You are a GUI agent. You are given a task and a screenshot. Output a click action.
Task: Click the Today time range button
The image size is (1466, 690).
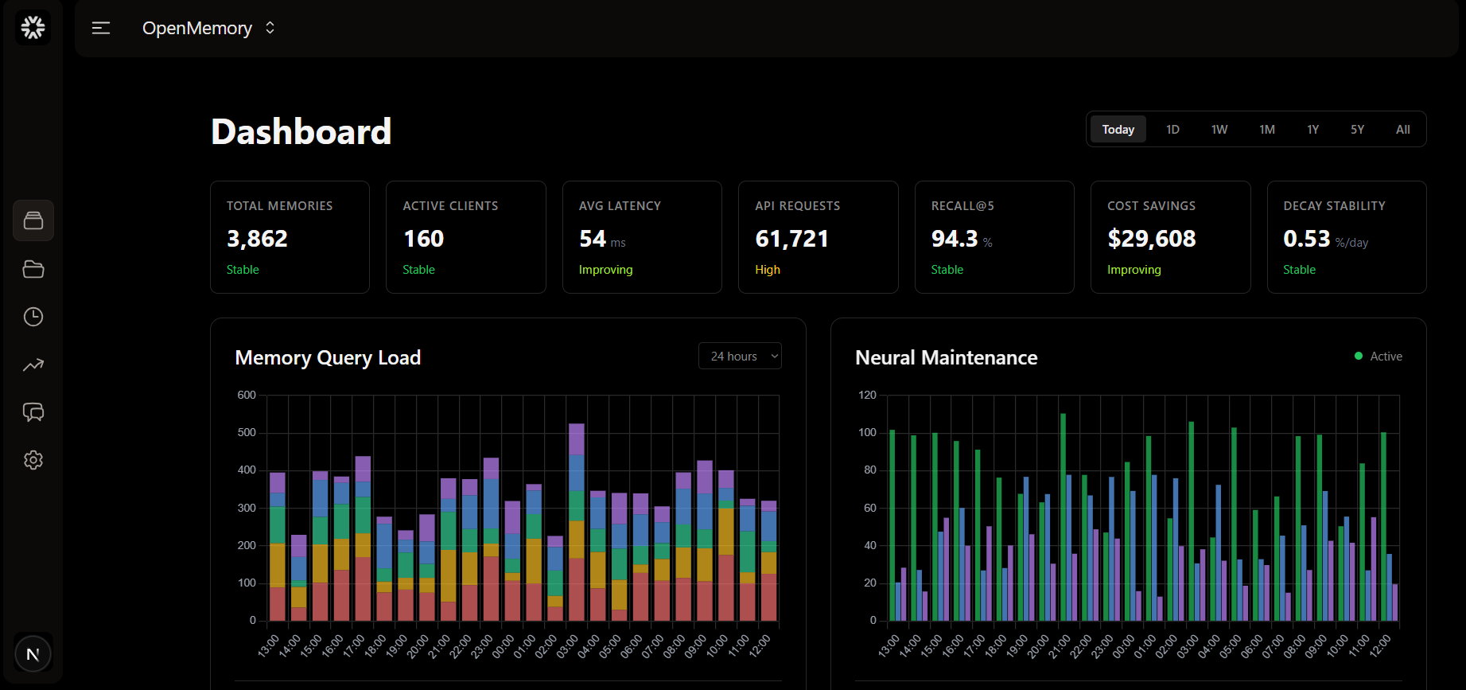pos(1118,130)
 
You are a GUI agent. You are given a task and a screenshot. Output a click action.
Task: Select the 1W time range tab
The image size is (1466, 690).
pos(1219,130)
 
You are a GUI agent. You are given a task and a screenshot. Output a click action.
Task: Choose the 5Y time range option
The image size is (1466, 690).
pos(1357,130)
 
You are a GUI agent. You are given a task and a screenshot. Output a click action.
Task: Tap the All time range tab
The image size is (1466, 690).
pos(1402,130)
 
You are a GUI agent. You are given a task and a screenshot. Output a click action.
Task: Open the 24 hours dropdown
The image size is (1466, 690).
pos(740,357)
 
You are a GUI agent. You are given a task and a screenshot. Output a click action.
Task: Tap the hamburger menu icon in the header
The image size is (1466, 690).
pos(101,29)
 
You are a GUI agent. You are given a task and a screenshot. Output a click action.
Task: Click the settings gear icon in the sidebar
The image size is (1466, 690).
pos(33,460)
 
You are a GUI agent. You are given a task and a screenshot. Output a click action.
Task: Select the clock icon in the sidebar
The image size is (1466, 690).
pos(33,317)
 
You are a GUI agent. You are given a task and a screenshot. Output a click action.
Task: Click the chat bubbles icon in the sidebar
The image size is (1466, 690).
pos(33,412)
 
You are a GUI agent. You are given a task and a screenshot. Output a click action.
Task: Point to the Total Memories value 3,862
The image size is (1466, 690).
pos(257,239)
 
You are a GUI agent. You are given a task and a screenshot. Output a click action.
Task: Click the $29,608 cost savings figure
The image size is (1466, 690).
pos(1151,239)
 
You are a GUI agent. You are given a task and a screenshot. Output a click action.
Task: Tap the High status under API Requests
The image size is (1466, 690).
pos(768,270)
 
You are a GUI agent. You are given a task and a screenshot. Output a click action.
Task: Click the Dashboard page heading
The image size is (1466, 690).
pos(301,132)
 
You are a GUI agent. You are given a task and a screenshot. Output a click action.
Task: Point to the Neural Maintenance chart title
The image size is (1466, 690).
pos(946,358)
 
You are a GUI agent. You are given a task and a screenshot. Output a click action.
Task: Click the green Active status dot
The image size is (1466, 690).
pos(1359,356)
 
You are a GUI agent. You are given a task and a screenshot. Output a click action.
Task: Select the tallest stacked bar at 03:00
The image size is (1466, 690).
pos(577,521)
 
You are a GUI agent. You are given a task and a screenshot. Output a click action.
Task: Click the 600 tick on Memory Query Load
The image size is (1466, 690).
pos(247,396)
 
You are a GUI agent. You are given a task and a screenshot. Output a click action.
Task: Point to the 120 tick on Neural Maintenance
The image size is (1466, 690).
pos(867,396)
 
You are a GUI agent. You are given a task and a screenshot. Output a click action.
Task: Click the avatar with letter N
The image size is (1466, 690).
pos(33,654)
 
